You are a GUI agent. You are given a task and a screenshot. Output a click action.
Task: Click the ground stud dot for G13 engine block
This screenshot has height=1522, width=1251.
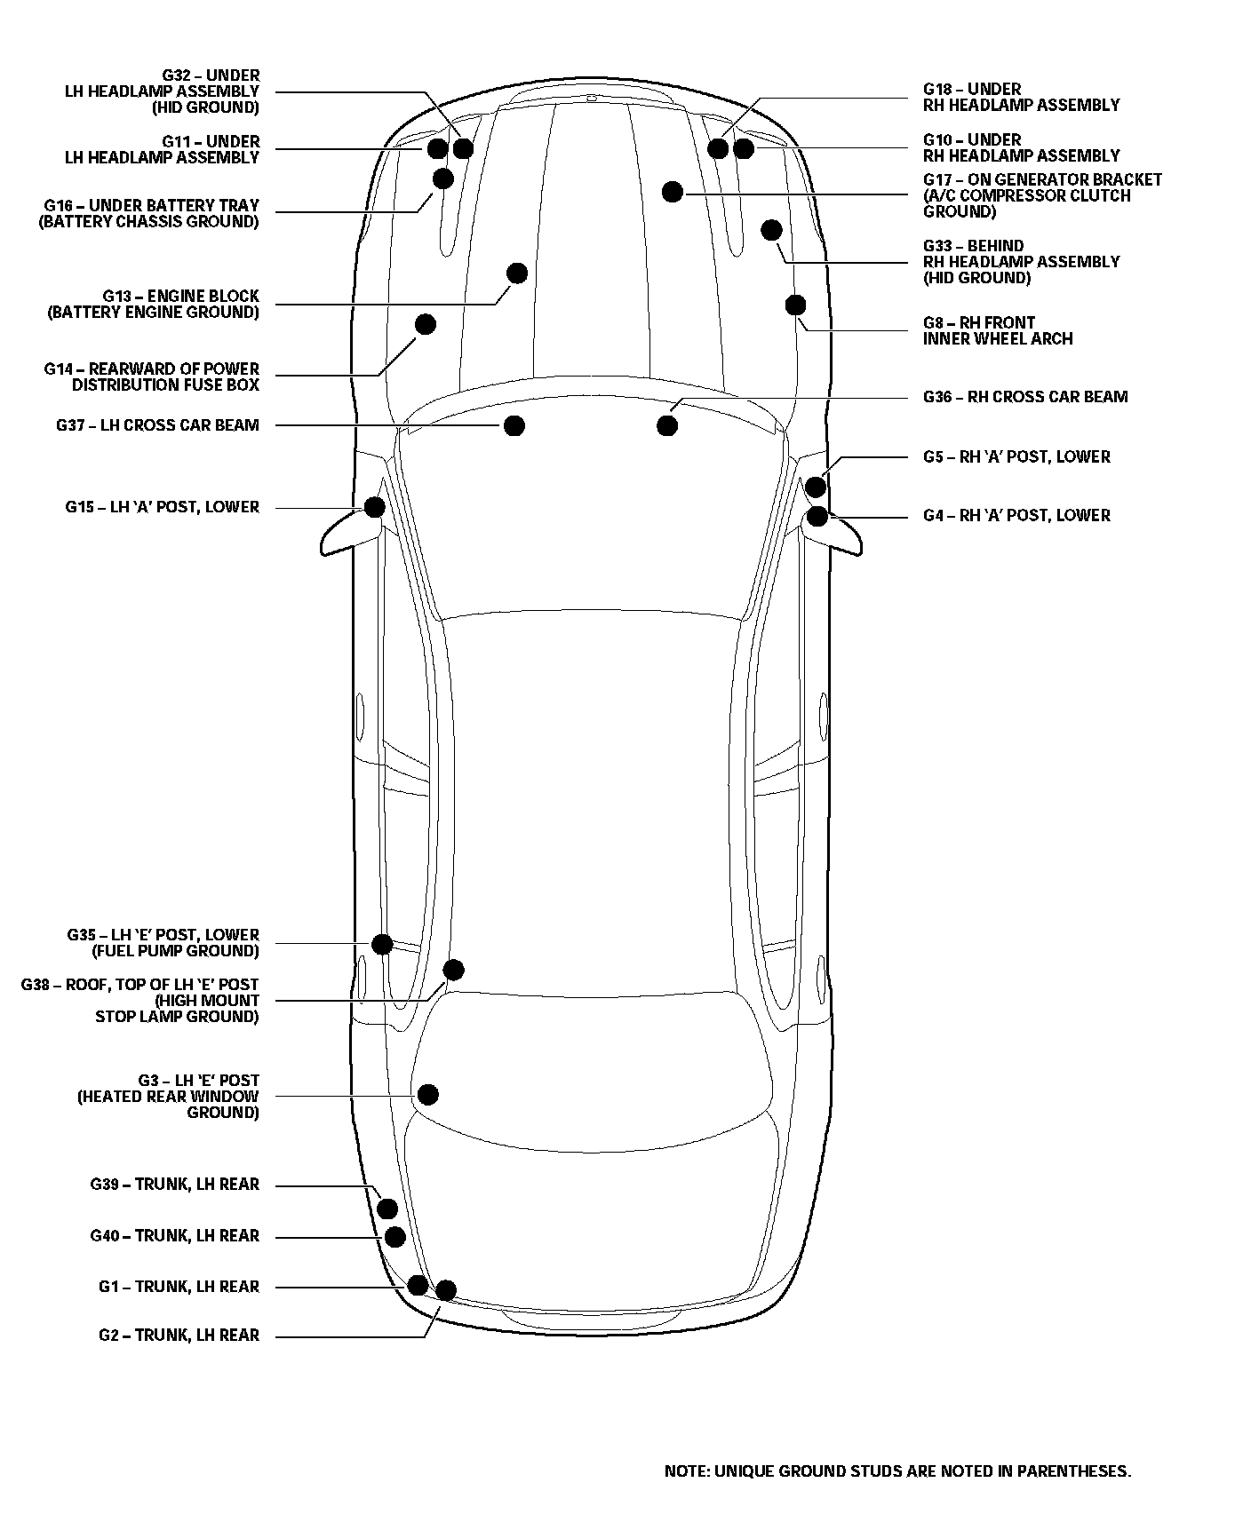tap(516, 273)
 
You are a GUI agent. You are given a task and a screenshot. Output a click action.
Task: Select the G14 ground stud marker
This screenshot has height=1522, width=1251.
tap(426, 324)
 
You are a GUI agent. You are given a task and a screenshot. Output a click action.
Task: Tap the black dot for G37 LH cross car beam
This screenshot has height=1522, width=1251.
tap(514, 425)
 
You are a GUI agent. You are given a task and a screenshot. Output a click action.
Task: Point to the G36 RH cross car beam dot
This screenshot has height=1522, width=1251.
tap(667, 425)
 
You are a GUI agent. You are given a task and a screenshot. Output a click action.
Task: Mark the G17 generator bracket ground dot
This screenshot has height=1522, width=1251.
tap(673, 191)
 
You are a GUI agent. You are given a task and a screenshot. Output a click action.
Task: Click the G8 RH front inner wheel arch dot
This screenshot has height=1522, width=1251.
tap(795, 305)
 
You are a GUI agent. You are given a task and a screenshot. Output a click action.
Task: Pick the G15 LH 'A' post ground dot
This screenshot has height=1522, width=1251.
tap(375, 507)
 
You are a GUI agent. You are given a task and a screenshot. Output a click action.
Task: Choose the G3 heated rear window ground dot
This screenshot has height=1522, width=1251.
tap(428, 1094)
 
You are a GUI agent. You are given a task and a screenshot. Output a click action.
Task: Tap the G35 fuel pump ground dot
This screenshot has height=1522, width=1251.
tap(382, 944)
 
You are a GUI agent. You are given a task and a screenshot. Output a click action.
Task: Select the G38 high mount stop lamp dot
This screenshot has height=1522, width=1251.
tap(453, 969)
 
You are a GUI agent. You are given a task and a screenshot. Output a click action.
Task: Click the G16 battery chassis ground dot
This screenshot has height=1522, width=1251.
tap(443, 178)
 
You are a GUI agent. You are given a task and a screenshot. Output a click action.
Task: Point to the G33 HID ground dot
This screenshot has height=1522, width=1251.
tap(771, 231)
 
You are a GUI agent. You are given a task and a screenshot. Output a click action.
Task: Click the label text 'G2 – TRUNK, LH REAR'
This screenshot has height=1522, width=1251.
tap(179, 1335)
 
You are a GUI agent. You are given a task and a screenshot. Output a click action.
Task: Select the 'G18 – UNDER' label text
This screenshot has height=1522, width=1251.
tap(972, 89)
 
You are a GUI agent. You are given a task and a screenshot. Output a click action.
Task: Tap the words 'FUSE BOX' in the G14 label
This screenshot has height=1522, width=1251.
tap(226, 384)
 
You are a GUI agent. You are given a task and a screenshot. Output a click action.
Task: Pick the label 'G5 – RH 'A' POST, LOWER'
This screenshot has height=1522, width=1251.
tap(1016, 456)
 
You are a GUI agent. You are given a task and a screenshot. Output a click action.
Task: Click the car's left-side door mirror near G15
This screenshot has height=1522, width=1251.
tap(347, 535)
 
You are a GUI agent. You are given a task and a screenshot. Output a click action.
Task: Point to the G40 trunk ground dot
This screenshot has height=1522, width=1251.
tap(394, 1237)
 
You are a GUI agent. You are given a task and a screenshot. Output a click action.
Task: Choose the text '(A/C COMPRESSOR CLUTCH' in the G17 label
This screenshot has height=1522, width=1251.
tap(1026, 195)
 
